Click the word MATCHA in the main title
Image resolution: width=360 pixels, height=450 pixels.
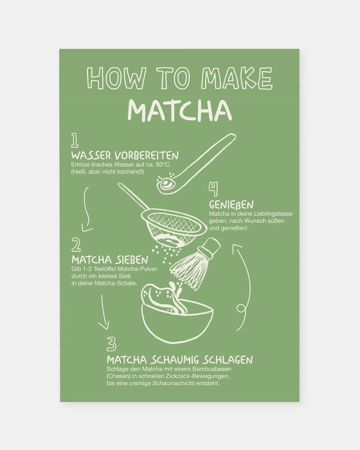click(x=179, y=110)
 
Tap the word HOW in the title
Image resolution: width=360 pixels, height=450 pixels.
click(x=107, y=79)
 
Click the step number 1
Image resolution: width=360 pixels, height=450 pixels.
click(x=75, y=141)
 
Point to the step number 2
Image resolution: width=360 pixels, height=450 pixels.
click(x=76, y=244)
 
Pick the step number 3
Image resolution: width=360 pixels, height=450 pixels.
click(x=111, y=344)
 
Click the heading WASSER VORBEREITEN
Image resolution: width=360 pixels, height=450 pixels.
click(x=125, y=156)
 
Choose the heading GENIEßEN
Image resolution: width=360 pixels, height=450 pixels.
click(x=231, y=205)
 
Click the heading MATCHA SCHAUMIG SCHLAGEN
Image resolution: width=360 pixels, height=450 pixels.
click(x=179, y=360)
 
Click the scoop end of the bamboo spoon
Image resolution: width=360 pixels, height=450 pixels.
click(x=165, y=183)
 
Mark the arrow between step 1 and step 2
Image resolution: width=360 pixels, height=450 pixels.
click(x=87, y=209)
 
